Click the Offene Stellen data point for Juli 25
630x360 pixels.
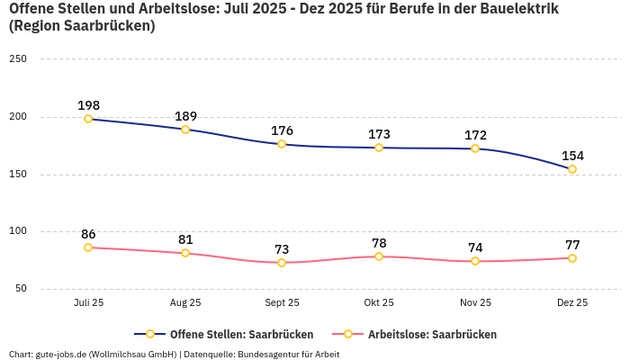(x=88, y=119)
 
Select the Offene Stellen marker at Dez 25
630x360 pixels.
(x=572, y=169)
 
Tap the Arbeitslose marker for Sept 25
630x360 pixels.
(x=282, y=263)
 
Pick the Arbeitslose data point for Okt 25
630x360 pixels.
(x=379, y=256)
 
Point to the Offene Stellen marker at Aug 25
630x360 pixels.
(x=185, y=130)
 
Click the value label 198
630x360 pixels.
(x=88, y=105)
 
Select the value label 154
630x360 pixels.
(x=572, y=156)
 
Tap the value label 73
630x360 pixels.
(x=282, y=249)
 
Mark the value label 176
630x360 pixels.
(x=282, y=130)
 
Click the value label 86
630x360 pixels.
(x=88, y=234)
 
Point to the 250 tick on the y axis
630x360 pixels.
(x=18, y=58)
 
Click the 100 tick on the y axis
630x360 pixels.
(x=18, y=231)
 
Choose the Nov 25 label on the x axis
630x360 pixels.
(x=475, y=302)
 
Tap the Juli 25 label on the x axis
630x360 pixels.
(x=88, y=302)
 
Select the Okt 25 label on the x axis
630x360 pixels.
(x=379, y=302)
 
